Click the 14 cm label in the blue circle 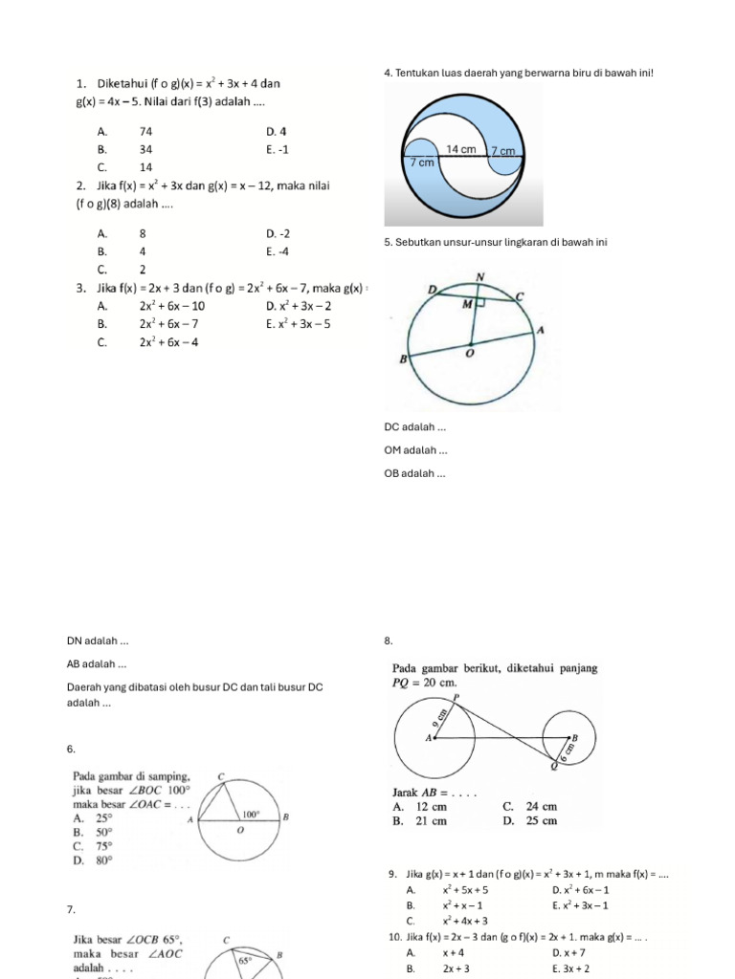(x=460, y=149)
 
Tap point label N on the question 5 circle (x=479, y=278)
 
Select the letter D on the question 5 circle (x=433, y=289)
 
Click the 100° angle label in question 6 (x=251, y=815)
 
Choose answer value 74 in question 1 (x=145, y=131)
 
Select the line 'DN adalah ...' (x=98, y=641)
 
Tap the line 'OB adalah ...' (x=414, y=473)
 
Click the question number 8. (x=387, y=641)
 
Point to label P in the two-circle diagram (x=456, y=698)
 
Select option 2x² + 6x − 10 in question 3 (x=171, y=306)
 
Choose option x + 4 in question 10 (x=454, y=953)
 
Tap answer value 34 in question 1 (x=145, y=149)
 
